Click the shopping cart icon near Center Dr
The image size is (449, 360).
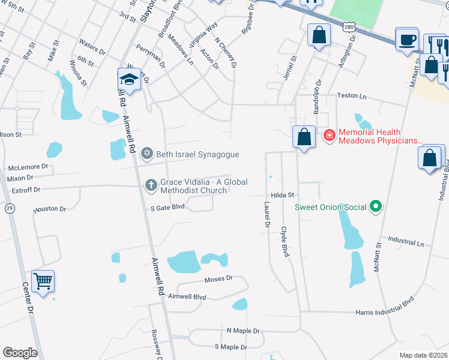43,281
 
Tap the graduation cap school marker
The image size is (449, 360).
129,79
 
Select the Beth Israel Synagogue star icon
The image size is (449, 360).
147,154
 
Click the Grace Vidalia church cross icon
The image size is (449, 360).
151,185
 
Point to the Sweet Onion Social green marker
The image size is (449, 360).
376,207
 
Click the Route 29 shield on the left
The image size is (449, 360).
9,208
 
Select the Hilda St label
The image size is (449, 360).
282,195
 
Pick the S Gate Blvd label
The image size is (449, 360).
167,208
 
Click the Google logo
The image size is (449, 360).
20,353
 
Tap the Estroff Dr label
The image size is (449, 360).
26,190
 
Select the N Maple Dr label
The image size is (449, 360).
243,331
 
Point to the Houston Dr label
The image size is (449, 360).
50,209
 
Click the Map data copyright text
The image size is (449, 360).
423,355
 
